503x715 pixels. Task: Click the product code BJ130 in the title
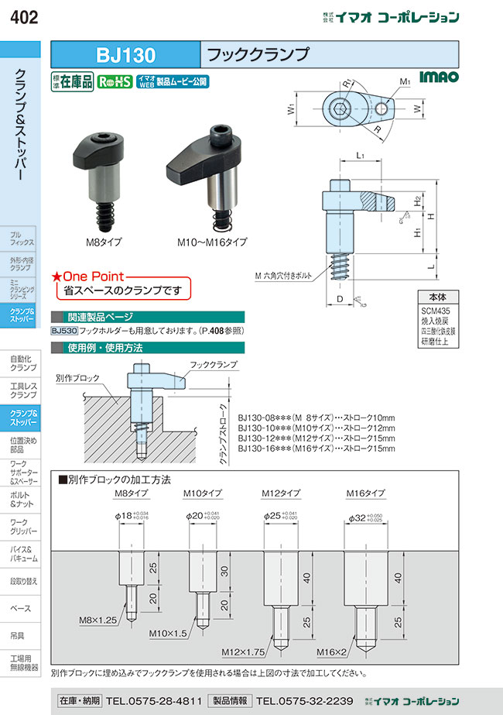coord(125,55)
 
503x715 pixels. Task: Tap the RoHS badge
coord(115,80)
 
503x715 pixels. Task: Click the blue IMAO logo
coord(439,77)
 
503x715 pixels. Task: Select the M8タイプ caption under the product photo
coord(102,242)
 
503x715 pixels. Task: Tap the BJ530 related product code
coord(65,331)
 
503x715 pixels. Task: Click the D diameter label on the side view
coord(340,298)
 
